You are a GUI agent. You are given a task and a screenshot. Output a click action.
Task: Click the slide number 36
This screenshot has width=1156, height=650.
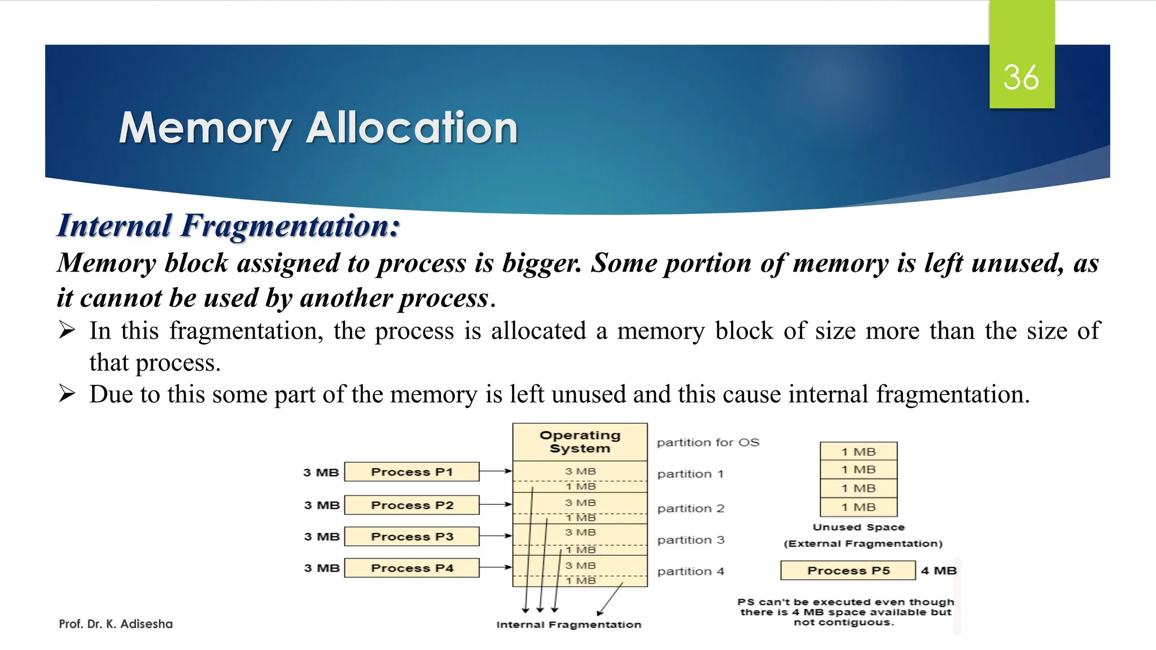click(x=1021, y=77)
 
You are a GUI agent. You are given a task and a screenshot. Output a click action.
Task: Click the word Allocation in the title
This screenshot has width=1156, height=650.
click(x=411, y=128)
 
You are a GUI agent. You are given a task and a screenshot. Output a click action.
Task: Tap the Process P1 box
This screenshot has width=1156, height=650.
click(x=411, y=472)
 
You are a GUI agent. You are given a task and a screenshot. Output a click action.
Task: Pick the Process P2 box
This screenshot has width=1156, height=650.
click(x=411, y=505)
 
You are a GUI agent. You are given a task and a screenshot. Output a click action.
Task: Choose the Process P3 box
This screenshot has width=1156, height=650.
click(x=411, y=537)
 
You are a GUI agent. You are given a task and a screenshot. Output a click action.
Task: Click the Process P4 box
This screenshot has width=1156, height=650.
click(x=411, y=568)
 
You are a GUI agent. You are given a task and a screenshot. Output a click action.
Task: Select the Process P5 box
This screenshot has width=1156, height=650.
click(x=848, y=570)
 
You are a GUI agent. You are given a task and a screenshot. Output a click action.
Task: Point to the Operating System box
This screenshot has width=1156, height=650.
click(x=580, y=442)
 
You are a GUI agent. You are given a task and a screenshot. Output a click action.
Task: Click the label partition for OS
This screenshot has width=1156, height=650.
click(x=708, y=442)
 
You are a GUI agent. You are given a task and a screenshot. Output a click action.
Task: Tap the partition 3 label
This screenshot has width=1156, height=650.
click(x=690, y=540)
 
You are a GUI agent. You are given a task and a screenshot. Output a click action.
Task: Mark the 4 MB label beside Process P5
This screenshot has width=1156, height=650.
click(x=939, y=570)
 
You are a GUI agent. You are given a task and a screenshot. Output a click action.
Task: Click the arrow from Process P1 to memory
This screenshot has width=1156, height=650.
click(x=496, y=471)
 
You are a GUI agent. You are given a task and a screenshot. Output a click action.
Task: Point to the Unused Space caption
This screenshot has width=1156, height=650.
click(x=859, y=527)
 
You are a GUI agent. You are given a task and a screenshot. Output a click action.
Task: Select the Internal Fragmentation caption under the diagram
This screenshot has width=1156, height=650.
click(x=568, y=625)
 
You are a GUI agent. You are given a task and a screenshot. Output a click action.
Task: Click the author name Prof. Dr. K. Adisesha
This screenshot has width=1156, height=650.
click(x=116, y=624)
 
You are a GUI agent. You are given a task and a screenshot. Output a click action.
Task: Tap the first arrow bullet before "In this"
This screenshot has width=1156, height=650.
click(x=67, y=330)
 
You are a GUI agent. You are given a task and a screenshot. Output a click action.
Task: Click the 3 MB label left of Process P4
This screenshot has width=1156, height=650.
click(x=322, y=568)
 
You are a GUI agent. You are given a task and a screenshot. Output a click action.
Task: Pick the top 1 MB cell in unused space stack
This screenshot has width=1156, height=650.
click(x=859, y=451)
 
